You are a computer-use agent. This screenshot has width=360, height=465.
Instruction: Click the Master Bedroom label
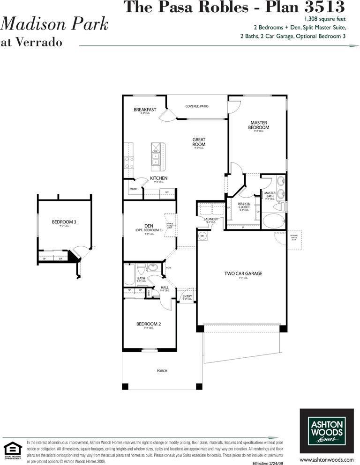[x=259, y=125]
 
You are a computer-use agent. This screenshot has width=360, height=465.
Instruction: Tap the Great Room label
[x=199, y=142]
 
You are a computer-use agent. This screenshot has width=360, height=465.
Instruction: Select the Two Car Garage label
[x=243, y=273]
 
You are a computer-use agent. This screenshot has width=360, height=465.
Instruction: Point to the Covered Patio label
[x=196, y=106]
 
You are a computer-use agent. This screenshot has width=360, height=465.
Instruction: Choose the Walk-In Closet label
[x=243, y=206]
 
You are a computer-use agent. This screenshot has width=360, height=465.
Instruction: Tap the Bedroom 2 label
[x=149, y=324]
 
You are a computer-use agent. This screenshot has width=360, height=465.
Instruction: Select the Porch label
[x=162, y=371]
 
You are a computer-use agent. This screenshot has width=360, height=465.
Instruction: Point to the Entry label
[x=187, y=296]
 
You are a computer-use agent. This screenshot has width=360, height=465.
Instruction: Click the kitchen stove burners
[x=128, y=162]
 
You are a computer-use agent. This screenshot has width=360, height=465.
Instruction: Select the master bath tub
[x=274, y=220]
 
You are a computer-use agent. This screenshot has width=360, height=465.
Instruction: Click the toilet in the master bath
[x=279, y=207]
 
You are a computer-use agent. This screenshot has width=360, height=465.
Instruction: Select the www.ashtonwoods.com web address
[x=326, y=459]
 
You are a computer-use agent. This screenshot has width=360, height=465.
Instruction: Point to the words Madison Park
[x=55, y=24]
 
